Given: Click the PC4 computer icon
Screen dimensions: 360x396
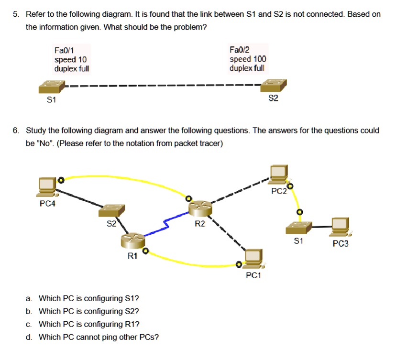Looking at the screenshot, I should tap(48, 186).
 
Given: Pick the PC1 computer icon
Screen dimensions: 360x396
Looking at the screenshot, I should tap(253, 259).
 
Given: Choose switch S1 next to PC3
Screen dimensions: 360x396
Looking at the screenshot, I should tap(299, 228).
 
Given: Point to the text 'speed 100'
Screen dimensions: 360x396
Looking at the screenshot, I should tap(248, 59).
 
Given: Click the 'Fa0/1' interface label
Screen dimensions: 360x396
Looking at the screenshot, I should tap(64, 50).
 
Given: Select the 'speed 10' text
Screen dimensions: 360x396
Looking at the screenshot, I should tap(70, 60).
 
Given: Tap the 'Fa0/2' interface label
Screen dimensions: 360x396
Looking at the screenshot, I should tap(240, 50).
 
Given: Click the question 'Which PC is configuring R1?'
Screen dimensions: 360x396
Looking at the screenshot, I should tap(89, 324).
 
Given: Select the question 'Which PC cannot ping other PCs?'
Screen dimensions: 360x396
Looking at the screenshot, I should tap(99, 337).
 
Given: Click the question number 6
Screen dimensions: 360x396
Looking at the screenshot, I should tap(16, 131).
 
